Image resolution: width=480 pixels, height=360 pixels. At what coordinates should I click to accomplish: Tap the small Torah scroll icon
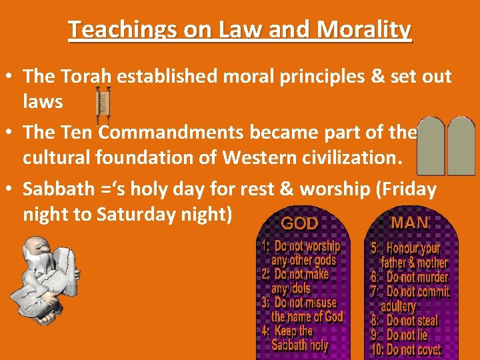pyautogui.click(x=103, y=103)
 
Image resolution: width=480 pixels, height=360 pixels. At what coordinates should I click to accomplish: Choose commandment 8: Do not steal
pyautogui.click(x=405, y=321)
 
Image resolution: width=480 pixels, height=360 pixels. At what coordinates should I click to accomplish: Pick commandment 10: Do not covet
pyautogui.click(x=406, y=350)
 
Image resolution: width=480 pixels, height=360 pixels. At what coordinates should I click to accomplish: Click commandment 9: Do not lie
pyautogui.click(x=400, y=335)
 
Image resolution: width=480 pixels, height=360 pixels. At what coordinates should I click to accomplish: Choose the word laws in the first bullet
pyautogui.click(x=43, y=101)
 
